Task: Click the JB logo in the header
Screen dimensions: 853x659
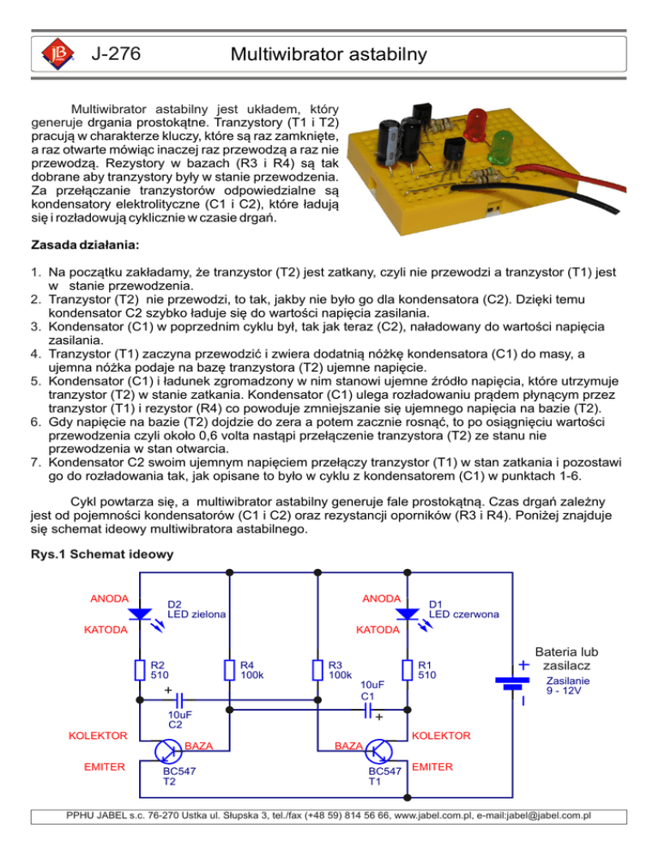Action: pos(55,57)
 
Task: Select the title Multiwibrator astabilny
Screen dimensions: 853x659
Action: pos(329,57)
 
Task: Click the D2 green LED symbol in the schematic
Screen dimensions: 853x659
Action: pos(140,614)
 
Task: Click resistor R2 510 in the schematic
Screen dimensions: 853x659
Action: pos(140,669)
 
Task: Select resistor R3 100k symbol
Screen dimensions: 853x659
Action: pos(318,669)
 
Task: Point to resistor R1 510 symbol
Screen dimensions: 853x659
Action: pos(408,669)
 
